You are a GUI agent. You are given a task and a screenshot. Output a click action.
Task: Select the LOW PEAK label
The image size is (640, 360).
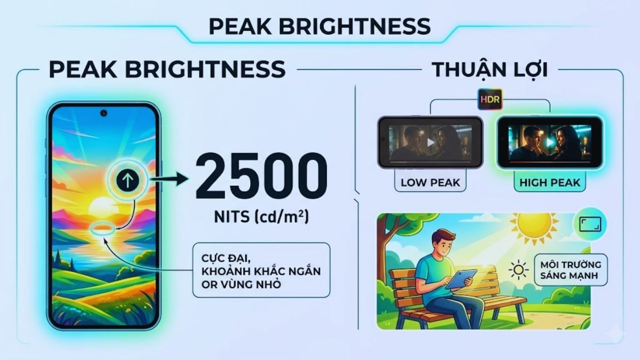point(430,182)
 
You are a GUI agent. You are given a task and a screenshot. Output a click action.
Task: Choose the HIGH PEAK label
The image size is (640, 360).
point(549,182)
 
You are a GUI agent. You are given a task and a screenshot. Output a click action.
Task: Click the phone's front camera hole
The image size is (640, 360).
point(103,113)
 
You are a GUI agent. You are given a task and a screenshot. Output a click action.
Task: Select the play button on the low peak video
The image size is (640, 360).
point(430,143)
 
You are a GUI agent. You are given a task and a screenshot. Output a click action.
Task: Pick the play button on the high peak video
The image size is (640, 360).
point(549,142)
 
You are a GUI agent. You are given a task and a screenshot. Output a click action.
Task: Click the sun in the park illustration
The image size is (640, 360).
point(534,230)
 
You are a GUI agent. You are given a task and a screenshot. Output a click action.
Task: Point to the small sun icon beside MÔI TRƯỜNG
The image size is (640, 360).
point(518,270)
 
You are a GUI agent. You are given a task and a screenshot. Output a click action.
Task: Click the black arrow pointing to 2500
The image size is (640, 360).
point(170,179)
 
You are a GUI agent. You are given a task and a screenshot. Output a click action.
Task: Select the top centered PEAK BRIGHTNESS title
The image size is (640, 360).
point(319,26)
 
